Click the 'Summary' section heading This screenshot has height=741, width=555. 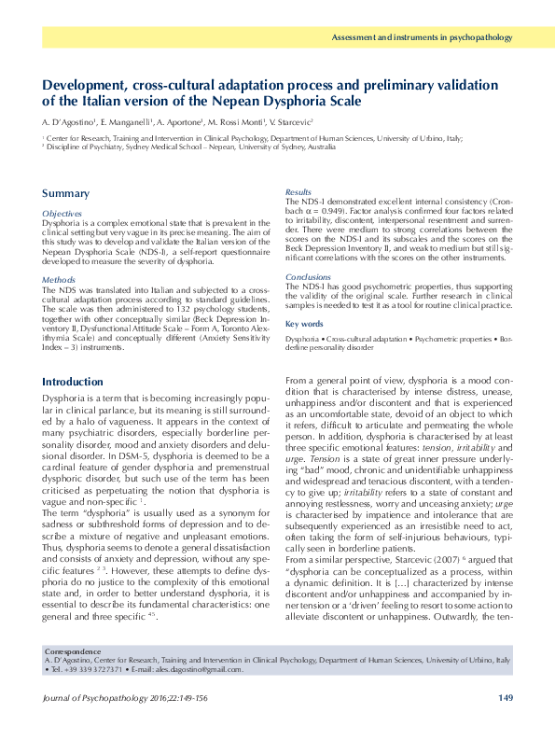click(65, 194)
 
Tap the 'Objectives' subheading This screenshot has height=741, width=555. click(62, 214)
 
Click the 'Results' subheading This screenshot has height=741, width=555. click(298, 191)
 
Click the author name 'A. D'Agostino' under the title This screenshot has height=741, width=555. click(67, 123)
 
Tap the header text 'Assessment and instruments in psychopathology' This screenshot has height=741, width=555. click(423, 38)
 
